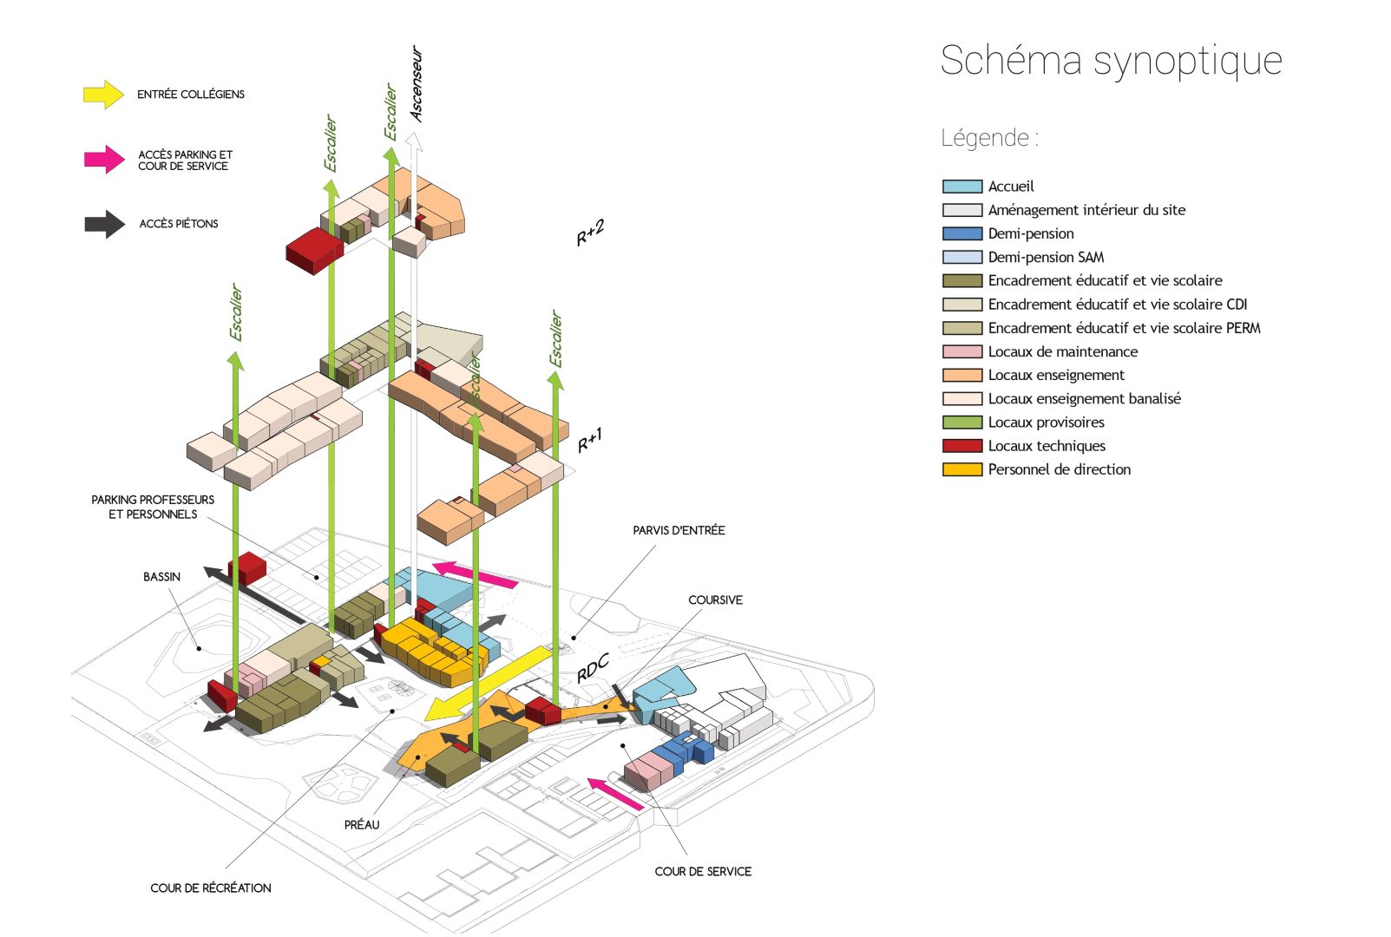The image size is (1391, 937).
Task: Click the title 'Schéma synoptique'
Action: pos(1111,61)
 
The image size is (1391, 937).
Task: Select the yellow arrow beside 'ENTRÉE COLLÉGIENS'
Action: pos(103,94)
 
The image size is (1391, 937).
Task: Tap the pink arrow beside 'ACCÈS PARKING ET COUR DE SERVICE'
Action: pos(104,159)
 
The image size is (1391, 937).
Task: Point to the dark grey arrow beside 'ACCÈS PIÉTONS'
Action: pos(104,224)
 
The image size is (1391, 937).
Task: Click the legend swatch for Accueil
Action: pos(961,187)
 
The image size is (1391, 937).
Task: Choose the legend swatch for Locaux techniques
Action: pos(961,446)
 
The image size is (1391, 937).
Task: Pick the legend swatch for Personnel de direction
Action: pos(961,469)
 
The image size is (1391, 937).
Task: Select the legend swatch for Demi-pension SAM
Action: pos(961,257)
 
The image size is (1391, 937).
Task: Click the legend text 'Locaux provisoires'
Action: pos(1046,423)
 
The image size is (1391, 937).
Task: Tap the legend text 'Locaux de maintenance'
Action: pos(1062,351)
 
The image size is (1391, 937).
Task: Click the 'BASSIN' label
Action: pos(161,577)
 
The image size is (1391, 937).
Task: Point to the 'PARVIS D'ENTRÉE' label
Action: pos(679,530)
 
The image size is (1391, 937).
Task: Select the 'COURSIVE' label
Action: pos(715,600)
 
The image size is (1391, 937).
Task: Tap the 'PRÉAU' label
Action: pos(362,825)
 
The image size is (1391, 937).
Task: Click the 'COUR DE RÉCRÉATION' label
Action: pos(211,888)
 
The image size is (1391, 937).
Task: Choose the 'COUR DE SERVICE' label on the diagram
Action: pos(703,872)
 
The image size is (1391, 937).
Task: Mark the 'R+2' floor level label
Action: pos(590,233)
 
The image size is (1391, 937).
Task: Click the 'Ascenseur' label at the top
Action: pos(417,84)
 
